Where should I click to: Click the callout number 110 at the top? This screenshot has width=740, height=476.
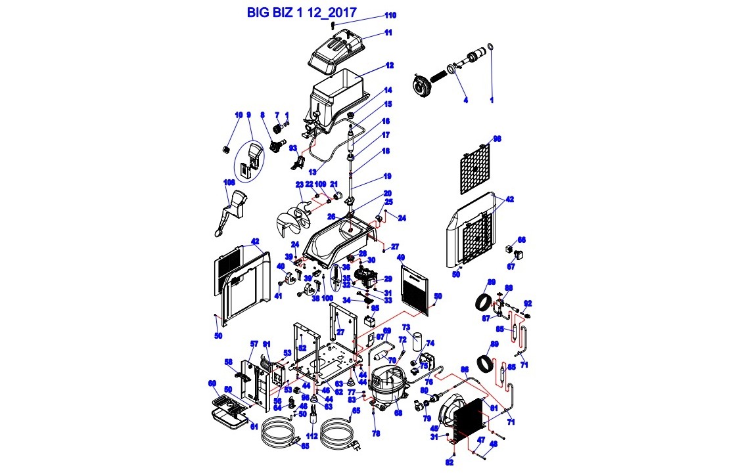click(390, 15)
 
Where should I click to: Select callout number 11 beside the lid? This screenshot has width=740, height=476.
click(388, 32)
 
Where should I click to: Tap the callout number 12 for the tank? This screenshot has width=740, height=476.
click(390, 66)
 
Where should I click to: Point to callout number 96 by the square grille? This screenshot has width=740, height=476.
click(497, 139)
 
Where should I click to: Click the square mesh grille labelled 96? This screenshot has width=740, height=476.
click(473, 168)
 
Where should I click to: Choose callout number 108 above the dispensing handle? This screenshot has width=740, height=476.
click(229, 183)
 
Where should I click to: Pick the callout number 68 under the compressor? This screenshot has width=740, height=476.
click(398, 413)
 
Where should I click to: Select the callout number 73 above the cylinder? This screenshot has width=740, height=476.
click(406, 326)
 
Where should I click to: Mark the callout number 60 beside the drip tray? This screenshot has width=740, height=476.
click(212, 383)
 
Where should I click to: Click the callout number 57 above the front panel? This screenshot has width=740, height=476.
click(254, 344)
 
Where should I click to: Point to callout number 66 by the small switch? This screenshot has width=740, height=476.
click(522, 240)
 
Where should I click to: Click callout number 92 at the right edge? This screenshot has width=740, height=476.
click(527, 303)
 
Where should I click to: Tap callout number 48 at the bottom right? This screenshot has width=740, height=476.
click(494, 444)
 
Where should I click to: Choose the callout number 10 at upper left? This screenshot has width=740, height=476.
click(239, 115)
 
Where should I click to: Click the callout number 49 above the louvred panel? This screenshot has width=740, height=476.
click(401, 257)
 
